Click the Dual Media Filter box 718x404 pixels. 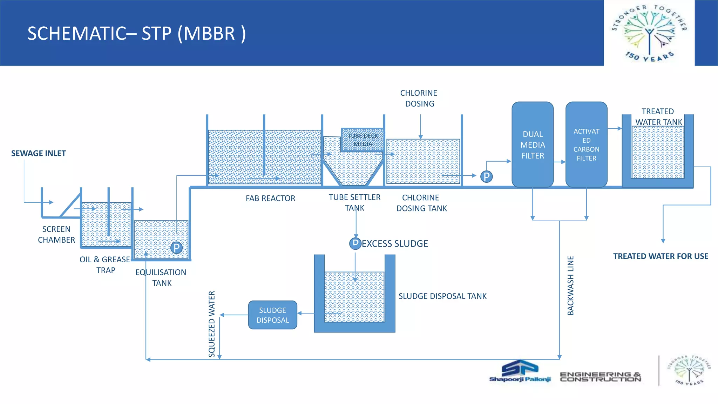[x=533, y=144]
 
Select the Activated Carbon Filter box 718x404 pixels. [x=586, y=144]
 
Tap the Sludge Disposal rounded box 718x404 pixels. [x=273, y=315]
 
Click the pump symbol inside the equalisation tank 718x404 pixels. [x=177, y=248]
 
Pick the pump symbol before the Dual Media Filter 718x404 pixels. [x=486, y=176]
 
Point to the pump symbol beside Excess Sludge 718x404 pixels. [x=355, y=243]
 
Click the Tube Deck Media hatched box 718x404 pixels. [x=363, y=140]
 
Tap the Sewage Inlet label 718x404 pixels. [x=39, y=153]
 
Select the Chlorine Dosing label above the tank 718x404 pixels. [x=419, y=98]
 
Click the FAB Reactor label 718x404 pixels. [x=270, y=198]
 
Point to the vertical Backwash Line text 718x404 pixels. [x=570, y=285]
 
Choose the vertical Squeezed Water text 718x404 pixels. [x=212, y=324]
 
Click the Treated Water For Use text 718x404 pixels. [x=661, y=256]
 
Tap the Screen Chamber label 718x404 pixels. [x=56, y=234]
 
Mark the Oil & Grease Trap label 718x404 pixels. [x=105, y=264]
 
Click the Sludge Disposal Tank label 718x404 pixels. [x=442, y=296]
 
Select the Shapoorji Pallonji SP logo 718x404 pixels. [x=520, y=371]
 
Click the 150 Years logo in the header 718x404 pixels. [x=649, y=33]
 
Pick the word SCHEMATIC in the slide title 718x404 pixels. [x=75, y=34]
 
